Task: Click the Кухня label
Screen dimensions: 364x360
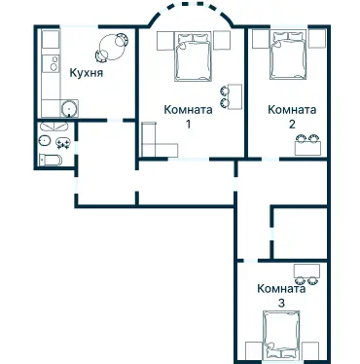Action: (x=88, y=73)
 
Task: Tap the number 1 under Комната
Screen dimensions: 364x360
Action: (x=189, y=125)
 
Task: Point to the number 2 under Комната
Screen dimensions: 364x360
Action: (x=291, y=125)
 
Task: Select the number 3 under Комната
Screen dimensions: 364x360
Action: (x=281, y=304)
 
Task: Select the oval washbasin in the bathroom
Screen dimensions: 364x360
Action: (x=46, y=140)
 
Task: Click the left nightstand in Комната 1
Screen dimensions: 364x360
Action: (x=162, y=40)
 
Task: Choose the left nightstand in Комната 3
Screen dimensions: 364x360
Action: (x=254, y=350)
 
